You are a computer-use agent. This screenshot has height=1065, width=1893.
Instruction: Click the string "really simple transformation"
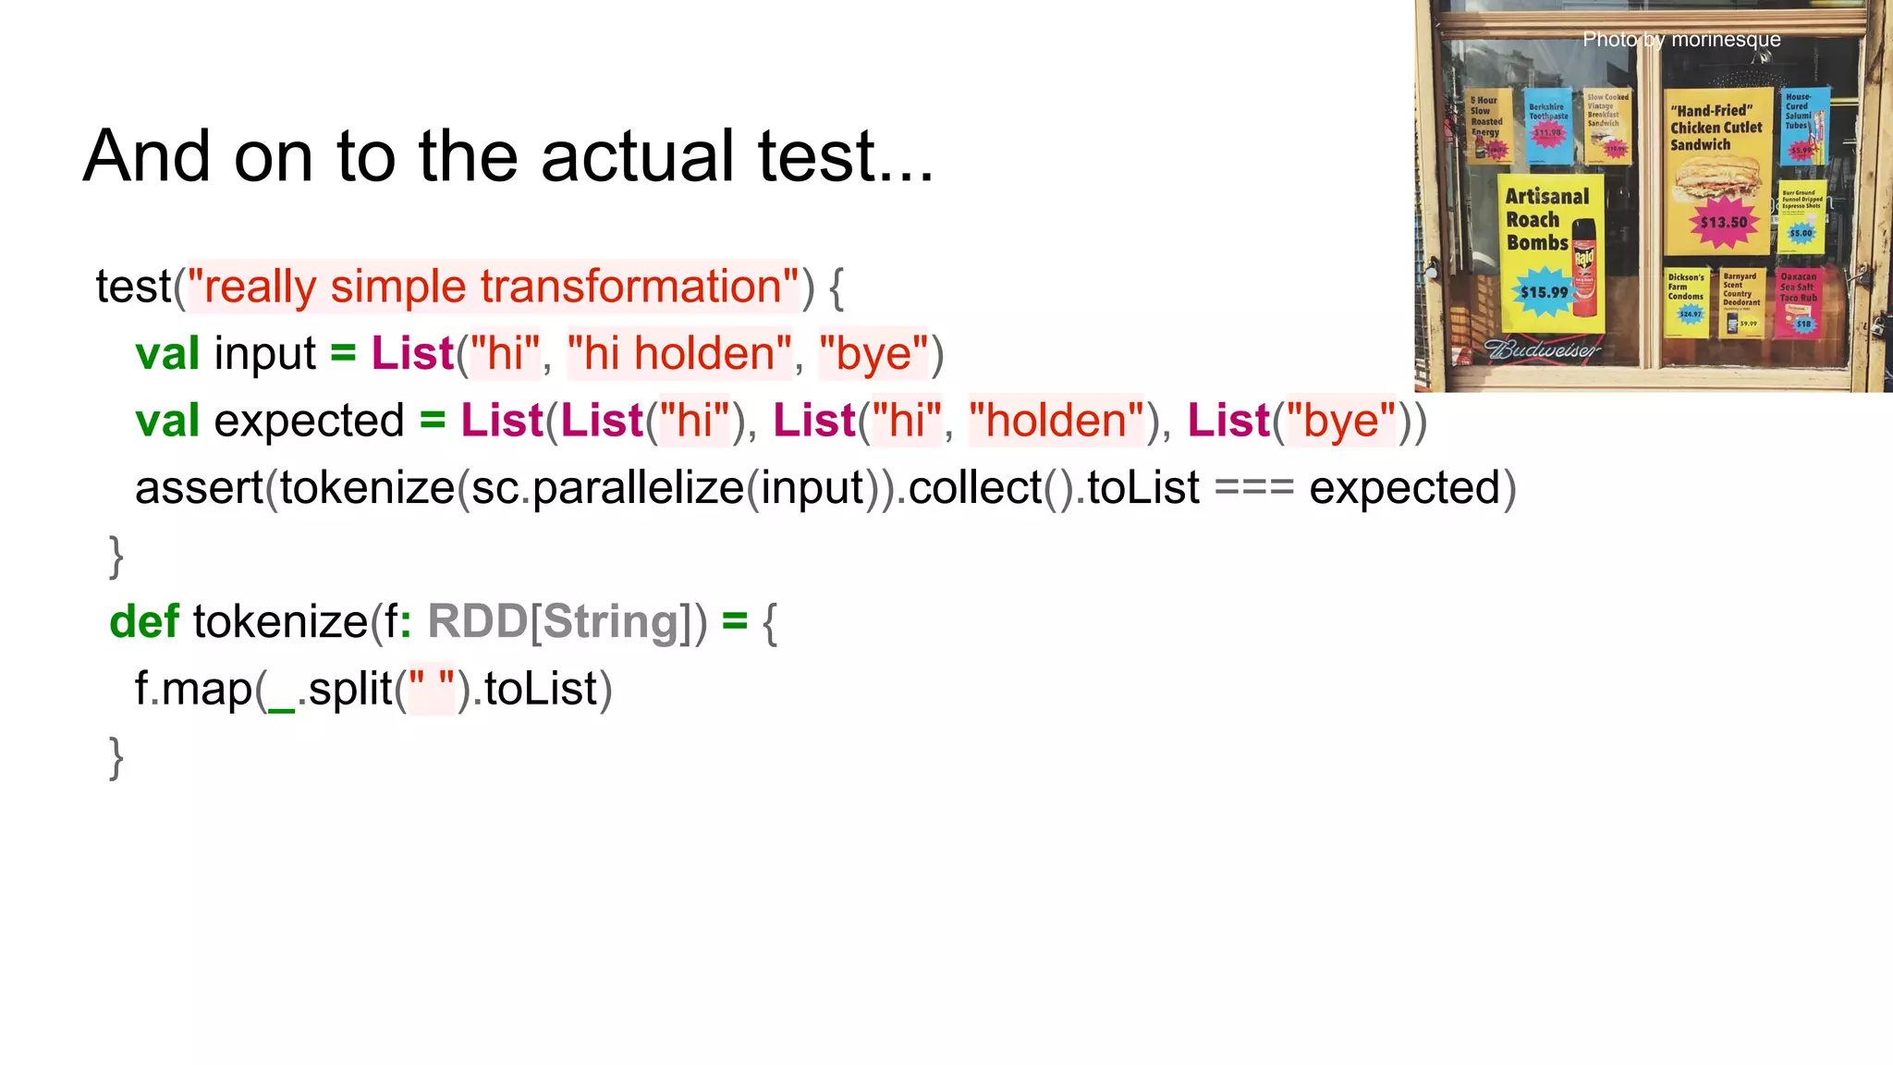point(493,287)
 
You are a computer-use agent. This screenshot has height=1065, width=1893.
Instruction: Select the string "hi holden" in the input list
point(679,354)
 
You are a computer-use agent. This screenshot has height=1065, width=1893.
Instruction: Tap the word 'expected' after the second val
point(309,422)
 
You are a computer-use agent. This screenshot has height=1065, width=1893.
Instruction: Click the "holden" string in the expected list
point(1056,422)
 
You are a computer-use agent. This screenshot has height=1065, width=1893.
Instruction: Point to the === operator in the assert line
point(1253,488)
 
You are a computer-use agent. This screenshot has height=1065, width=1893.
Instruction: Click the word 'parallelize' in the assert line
point(638,488)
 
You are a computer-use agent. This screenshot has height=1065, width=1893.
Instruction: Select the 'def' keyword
point(143,621)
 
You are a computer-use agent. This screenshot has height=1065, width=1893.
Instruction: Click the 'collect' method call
point(975,488)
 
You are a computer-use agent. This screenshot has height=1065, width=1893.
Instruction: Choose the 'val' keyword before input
point(167,354)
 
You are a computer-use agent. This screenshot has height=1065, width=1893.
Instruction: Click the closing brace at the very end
point(116,758)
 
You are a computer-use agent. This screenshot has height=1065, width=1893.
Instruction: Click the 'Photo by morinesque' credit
point(1681,40)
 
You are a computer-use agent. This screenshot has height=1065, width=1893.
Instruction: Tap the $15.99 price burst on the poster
point(1544,292)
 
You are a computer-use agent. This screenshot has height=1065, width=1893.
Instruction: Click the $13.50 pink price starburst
point(1724,223)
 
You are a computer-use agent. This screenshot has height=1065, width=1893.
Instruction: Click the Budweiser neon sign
point(1542,349)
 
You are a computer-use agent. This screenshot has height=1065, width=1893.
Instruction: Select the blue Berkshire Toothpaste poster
point(1548,126)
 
